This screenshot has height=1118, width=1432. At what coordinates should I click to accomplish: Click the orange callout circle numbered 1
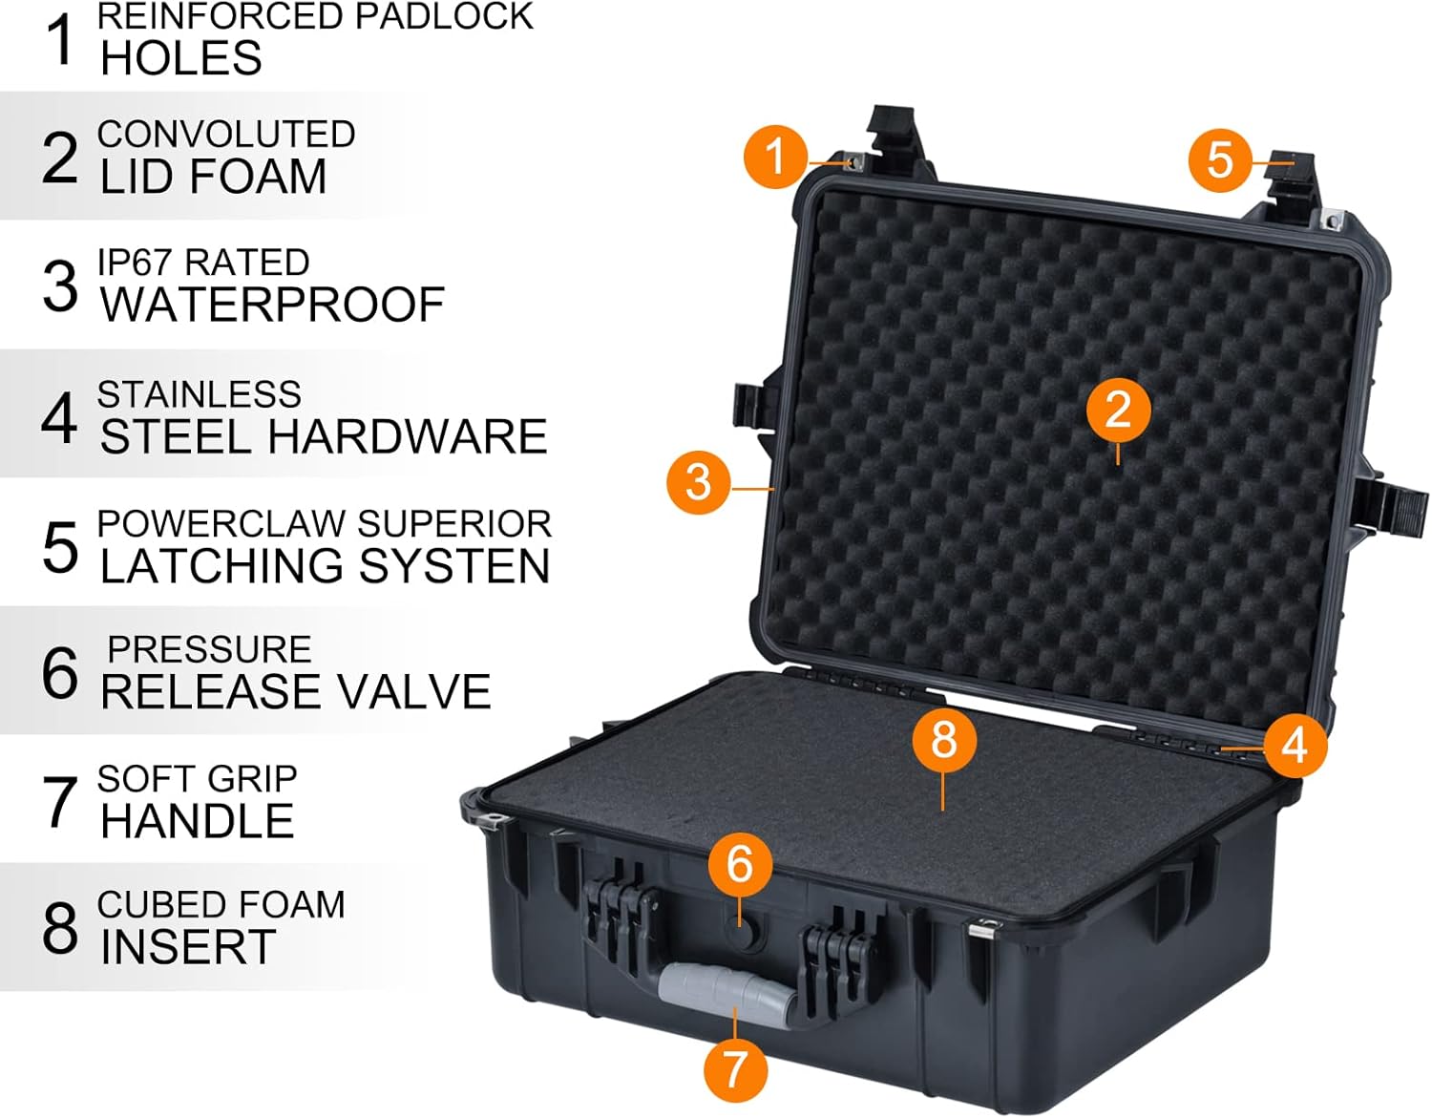[775, 156]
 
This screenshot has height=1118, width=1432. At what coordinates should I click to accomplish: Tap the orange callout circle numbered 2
[1118, 410]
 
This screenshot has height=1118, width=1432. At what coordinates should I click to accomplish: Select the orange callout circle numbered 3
[699, 481]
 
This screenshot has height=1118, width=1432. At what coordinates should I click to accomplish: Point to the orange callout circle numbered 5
[1220, 158]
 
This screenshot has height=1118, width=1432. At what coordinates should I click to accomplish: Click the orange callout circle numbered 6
[740, 864]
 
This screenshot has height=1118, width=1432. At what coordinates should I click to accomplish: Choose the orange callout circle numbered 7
[735, 1068]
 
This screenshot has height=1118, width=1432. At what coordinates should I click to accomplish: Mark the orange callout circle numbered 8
[943, 739]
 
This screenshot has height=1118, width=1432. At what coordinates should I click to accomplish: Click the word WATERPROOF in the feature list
[272, 305]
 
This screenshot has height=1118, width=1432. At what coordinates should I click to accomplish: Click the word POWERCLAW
[221, 524]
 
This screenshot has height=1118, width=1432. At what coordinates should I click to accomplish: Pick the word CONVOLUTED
[226, 135]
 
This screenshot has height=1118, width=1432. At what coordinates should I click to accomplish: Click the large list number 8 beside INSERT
[60, 927]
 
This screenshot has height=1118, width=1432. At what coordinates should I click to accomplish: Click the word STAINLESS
[199, 394]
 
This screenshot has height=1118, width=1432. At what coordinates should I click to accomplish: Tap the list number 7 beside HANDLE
[60, 801]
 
